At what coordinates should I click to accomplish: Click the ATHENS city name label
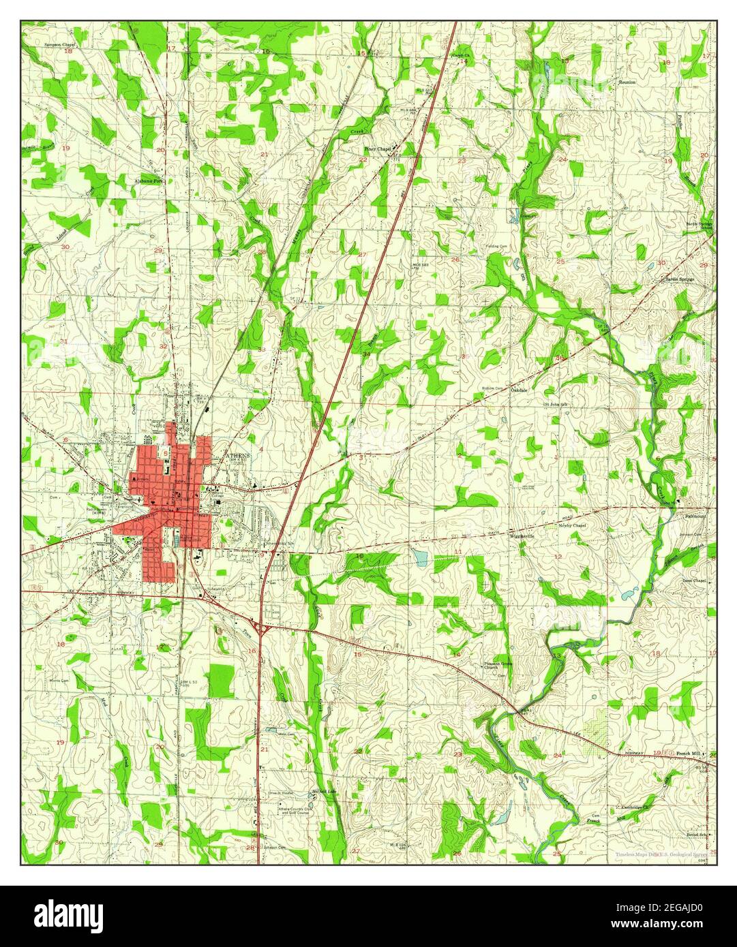239,454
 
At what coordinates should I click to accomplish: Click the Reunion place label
627,82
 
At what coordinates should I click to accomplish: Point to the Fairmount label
695,517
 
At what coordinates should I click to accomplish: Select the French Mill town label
689,754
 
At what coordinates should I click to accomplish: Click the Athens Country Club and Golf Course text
294,811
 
